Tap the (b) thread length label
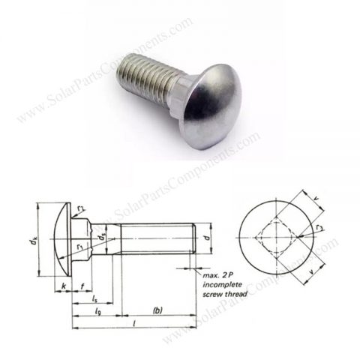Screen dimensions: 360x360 (157, 310)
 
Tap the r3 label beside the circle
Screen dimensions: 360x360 (321, 225)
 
